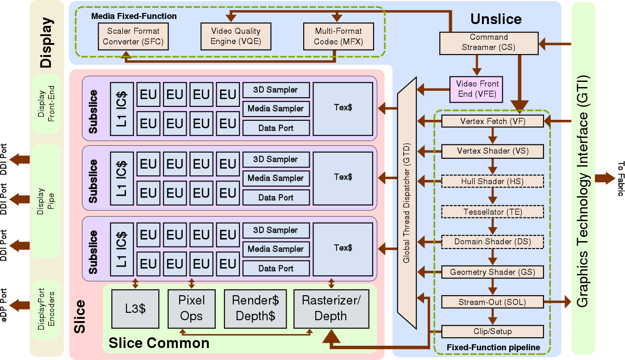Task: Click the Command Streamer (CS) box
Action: (x=488, y=42)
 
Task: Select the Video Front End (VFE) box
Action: (x=476, y=89)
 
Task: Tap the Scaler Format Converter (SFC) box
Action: (x=133, y=37)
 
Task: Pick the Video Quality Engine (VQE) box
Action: (x=236, y=37)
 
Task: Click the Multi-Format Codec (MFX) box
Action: (x=338, y=37)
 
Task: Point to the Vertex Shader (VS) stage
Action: (x=493, y=151)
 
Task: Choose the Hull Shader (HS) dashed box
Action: (x=493, y=181)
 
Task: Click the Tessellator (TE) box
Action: (x=493, y=212)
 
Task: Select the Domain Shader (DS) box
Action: (x=493, y=242)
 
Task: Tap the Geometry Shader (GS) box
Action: (x=493, y=272)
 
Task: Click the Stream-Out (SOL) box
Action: (x=493, y=302)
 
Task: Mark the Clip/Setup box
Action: (x=493, y=331)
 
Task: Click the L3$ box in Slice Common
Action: (x=135, y=309)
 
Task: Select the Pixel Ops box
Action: (x=192, y=309)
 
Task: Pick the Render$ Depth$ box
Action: (x=255, y=309)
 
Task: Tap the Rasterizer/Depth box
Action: (x=331, y=309)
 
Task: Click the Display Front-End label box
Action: (x=46, y=104)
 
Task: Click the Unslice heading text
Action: (x=496, y=19)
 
